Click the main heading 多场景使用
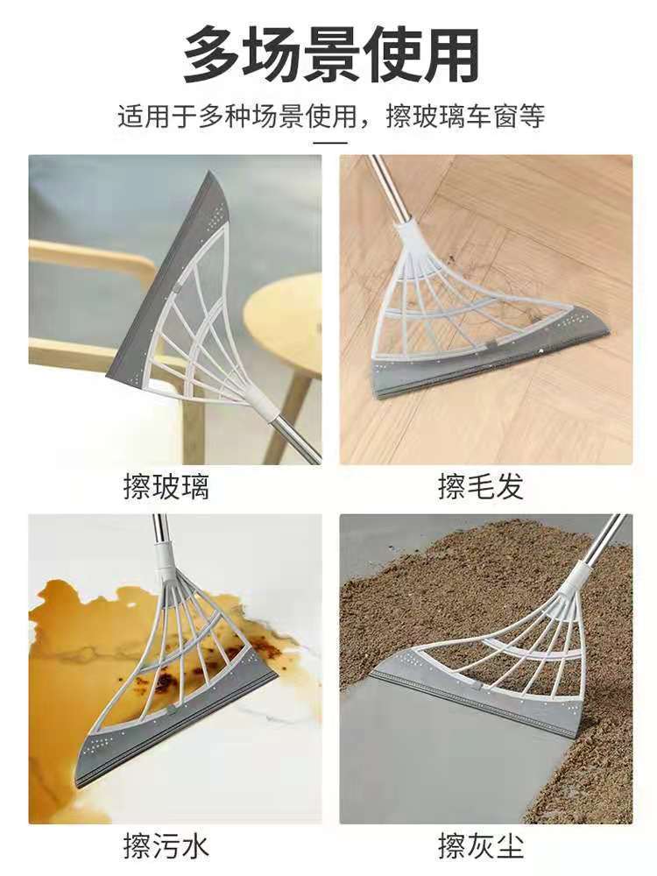pos(330,54)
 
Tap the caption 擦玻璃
pos(166,487)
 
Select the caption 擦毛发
pos(481,487)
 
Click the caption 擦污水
pos(166,847)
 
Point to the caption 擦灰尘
pos(481,847)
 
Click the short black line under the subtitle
pos(329,141)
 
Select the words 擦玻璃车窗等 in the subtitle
pos(465,116)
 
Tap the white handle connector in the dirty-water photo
pos(166,561)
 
